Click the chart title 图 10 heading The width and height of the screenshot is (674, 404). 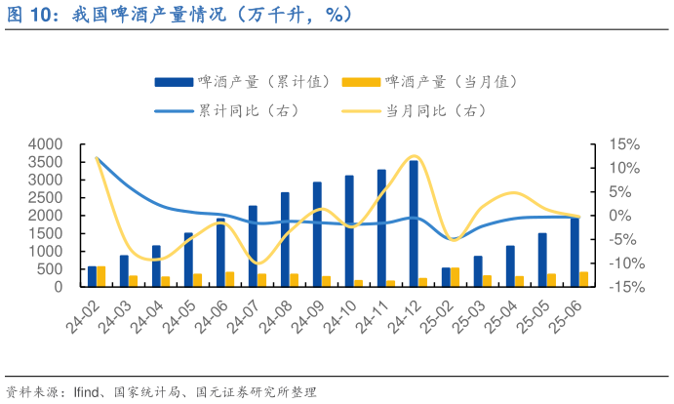click(x=179, y=15)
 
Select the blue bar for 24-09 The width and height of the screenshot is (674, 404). click(x=317, y=234)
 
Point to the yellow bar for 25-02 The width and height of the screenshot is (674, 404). click(x=456, y=277)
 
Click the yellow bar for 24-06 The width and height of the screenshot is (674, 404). click(x=230, y=279)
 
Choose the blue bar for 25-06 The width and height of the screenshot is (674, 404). click(x=574, y=252)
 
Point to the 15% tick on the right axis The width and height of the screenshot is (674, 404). click(x=623, y=144)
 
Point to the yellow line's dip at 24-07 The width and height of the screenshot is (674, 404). click(x=256, y=263)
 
